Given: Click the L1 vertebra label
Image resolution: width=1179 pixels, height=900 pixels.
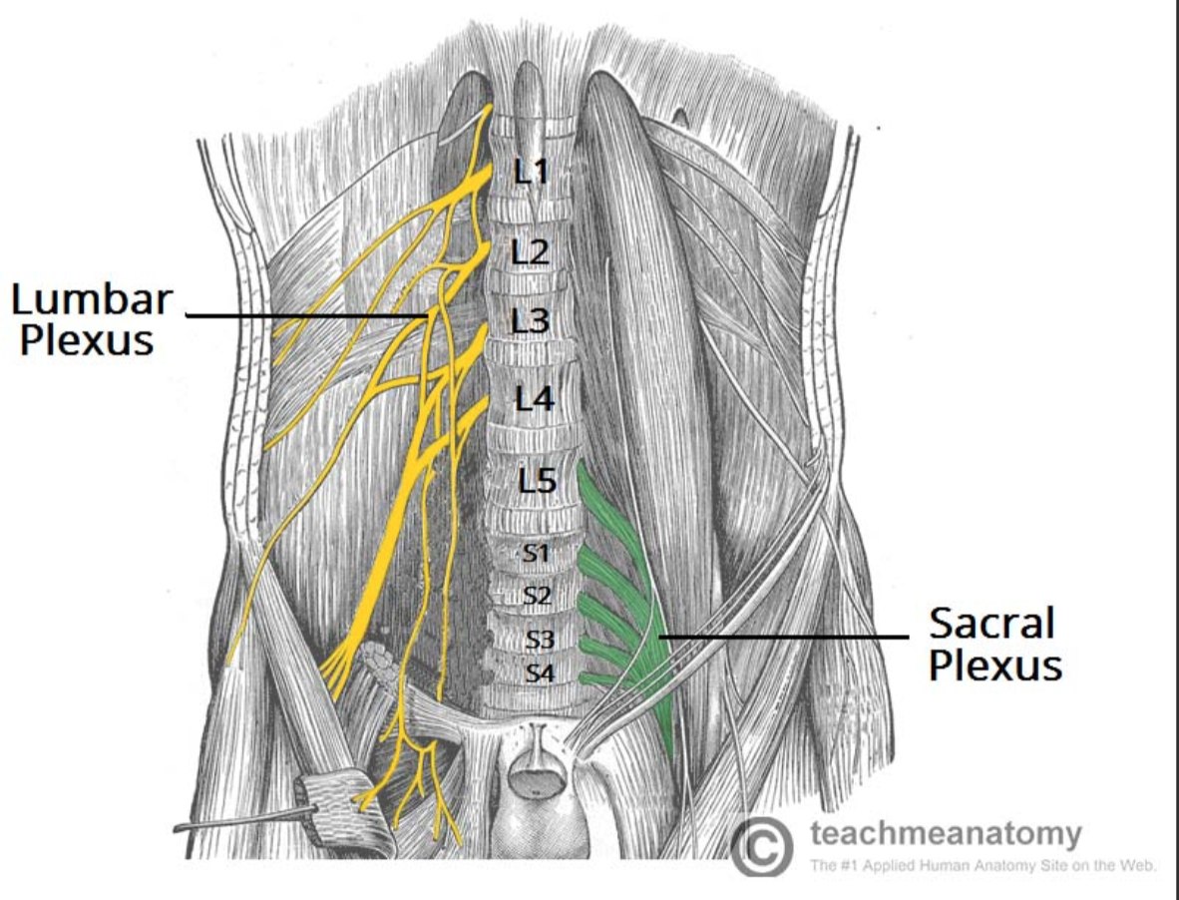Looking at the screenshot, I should (533, 173).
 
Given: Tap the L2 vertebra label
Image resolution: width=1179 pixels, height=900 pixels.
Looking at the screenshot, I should (531, 251).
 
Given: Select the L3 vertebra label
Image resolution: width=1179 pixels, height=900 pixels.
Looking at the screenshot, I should (531, 321).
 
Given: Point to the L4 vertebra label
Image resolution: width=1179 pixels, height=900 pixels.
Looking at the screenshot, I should (534, 400).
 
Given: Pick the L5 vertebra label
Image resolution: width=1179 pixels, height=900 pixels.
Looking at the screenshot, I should (537, 481).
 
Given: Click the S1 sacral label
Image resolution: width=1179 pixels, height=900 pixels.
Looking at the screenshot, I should (537, 552).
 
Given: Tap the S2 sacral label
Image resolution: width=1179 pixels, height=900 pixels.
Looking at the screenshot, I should (537, 596).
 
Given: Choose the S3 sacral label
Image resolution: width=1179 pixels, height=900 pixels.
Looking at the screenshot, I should (539, 640).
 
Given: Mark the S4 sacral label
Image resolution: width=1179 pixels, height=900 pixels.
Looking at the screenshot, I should (539, 674).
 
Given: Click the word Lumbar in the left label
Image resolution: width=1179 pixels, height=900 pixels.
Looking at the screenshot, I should (92, 299).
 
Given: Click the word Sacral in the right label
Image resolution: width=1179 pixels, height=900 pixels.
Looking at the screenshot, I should (991, 624).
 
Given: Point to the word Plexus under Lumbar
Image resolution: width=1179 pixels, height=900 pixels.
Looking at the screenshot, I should (88, 340).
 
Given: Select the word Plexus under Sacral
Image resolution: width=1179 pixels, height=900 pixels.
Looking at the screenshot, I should (994, 666).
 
